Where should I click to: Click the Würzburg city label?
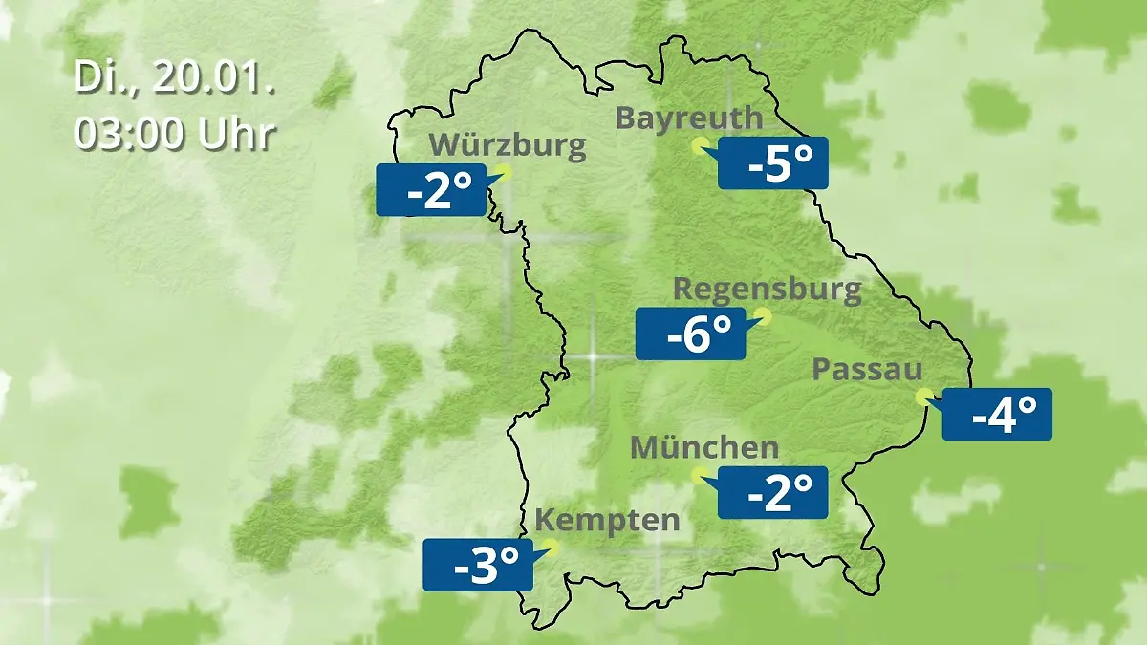tap(508, 145)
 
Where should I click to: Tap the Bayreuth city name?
tap(689, 118)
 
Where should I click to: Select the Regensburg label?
tap(768, 289)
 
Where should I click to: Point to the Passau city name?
tap(867, 370)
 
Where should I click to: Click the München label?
tap(704, 446)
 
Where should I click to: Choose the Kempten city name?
tap(607, 521)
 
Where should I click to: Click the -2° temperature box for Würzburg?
tap(430, 189)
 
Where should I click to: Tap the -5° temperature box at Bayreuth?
tap(772, 162)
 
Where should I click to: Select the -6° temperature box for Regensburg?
tap(690, 333)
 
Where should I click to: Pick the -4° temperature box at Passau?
tap(997, 414)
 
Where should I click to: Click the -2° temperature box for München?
tap(772, 492)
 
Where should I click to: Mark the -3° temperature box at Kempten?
tap(477, 564)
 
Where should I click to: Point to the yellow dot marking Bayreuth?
tap(700, 146)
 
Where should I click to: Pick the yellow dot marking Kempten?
tap(549, 548)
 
